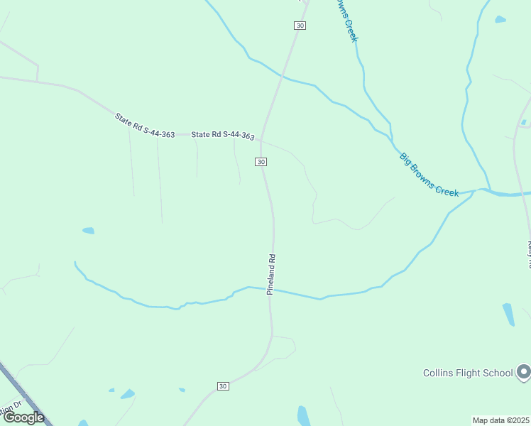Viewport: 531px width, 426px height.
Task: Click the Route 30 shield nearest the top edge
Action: pyautogui.click(x=300, y=26)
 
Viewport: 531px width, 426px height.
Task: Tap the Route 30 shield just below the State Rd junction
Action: pyautogui.click(x=261, y=162)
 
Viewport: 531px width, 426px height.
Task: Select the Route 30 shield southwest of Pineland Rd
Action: pyautogui.click(x=223, y=386)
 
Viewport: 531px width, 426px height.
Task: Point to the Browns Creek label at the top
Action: pyautogui.click(x=346, y=20)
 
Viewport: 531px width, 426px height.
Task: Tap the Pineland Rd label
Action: pyautogui.click(x=270, y=275)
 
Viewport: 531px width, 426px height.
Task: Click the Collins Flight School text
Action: pyautogui.click(x=468, y=373)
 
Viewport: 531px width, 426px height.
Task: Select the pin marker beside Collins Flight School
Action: pyautogui.click(x=523, y=371)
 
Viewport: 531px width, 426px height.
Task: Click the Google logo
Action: pyautogui.click(x=23, y=417)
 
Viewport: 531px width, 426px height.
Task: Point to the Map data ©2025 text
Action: pyautogui.click(x=500, y=420)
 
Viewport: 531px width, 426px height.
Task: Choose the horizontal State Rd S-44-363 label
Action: pyautogui.click(x=223, y=134)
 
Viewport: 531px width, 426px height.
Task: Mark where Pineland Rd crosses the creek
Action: pyautogui.click(x=273, y=290)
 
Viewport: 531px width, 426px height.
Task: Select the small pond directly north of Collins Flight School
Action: pyautogui.click(x=508, y=314)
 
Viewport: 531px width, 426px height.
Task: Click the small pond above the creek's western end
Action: pyautogui.click(x=88, y=230)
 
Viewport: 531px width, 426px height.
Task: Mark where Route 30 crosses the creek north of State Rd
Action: pyautogui.click(x=283, y=75)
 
